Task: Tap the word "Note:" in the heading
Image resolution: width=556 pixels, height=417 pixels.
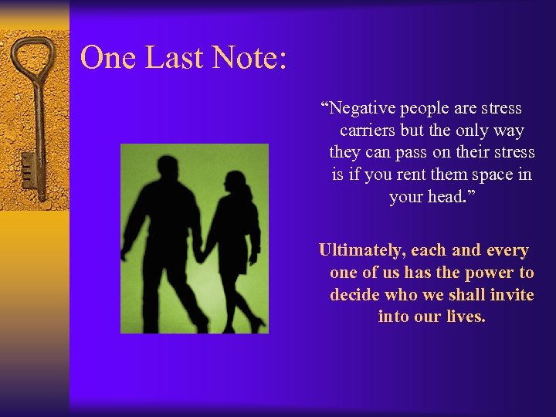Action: pyautogui.click(x=247, y=58)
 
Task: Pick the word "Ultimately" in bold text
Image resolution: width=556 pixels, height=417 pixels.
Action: pyautogui.click(x=361, y=251)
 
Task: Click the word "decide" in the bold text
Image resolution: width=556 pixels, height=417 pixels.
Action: pyautogui.click(x=355, y=295)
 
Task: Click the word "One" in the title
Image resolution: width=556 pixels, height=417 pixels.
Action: pyautogui.click(x=105, y=58)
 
